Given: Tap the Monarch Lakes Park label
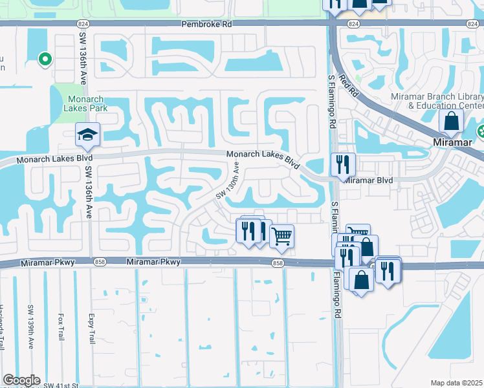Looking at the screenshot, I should click(x=86, y=103).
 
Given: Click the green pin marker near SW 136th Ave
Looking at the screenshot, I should click(x=45, y=60).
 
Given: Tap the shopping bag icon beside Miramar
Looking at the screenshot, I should click(x=451, y=121).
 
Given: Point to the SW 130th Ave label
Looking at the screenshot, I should click(x=228, y=180).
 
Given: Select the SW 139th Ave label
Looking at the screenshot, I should click(x=30, y=327).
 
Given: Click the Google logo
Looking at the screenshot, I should click(x=21, y=380).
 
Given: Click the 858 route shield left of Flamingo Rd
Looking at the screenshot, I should click(x=278, y=263).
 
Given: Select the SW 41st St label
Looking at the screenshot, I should click(x=61, y=385).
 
